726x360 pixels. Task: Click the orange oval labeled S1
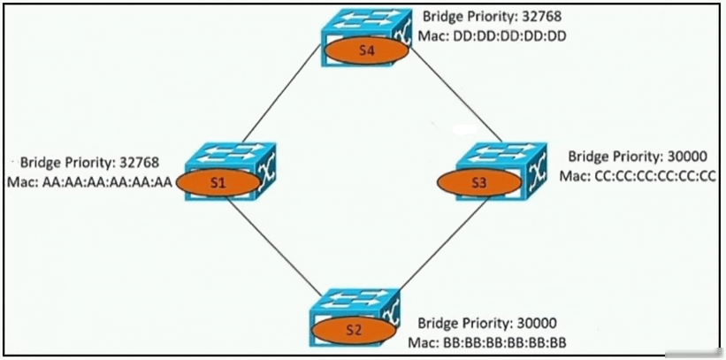coord(218,183)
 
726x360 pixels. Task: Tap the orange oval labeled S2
coord(354,331)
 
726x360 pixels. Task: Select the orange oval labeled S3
coord(479,183)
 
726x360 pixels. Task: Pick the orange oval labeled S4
coord(366,50)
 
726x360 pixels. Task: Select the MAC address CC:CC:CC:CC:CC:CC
coord(651,176)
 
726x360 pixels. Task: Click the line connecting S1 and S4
coord(281,94)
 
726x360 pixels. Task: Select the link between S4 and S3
coord(456,93)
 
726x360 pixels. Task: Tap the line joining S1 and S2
coord(272,246)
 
